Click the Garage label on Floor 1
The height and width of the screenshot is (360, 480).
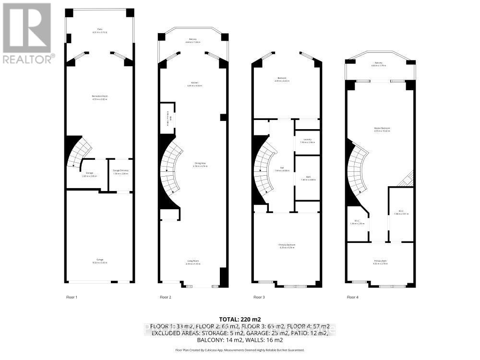click(x=100, y=261)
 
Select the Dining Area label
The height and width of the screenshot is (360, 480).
click(x=194, y=165)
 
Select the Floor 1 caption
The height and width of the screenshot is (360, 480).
click(x=72, y=297)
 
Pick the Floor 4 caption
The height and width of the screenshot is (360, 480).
click(x=352, y=297)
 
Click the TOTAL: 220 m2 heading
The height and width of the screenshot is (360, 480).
click(x=240, y=319)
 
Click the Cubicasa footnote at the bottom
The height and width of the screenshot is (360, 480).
click(x=240, y=350)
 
